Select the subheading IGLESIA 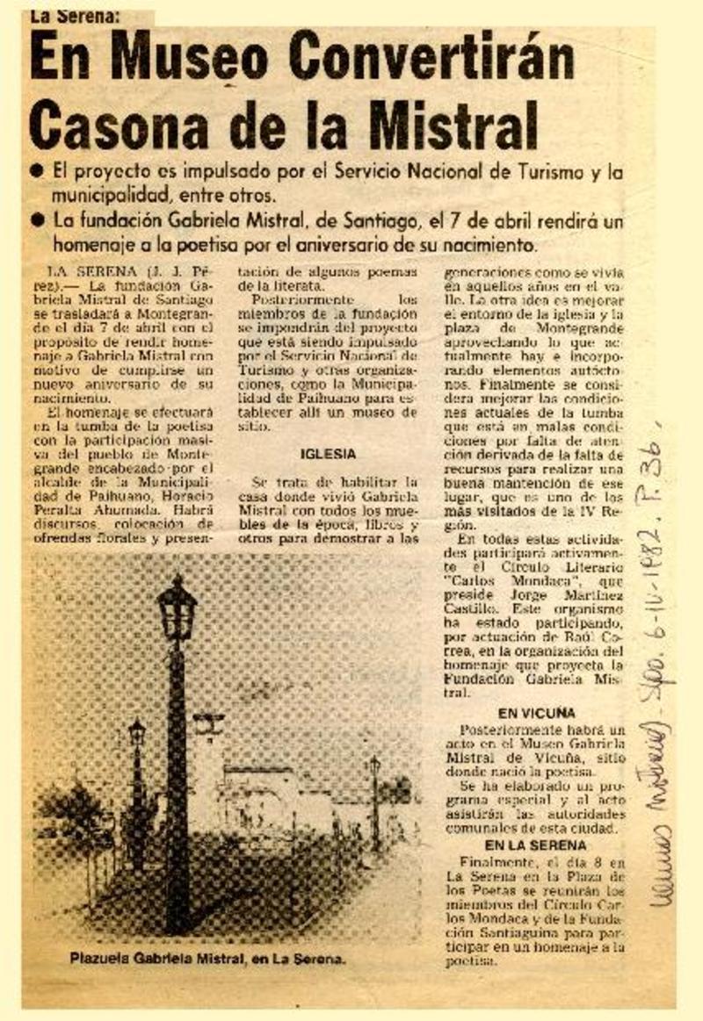pos(328,454)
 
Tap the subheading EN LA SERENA pos(535,845)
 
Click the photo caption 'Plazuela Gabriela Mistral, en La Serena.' pos(208,960)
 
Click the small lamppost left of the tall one pos(137,733)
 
